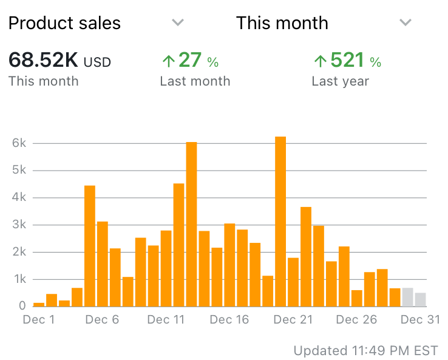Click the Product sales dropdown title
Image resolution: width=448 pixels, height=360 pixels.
click(x=64, y=23)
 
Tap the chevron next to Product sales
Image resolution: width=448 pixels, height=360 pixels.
click(x=177, y=22)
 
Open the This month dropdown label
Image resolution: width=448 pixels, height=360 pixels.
click(x=282, y=23)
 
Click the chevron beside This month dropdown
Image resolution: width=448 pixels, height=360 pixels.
click(x=406, y=22)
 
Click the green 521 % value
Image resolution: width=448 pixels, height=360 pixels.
click(x=347, y=61)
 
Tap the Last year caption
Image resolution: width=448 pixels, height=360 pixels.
click(x=340, y=81)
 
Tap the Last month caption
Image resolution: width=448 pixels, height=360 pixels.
click(x=195, y=81)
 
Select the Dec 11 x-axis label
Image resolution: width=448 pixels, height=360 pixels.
click(x=166, y=320)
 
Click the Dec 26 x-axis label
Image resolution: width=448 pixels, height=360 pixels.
click(x=357, y=320)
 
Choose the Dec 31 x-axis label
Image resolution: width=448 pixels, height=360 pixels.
click(x=420, y=320)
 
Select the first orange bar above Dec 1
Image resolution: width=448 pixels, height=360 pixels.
click(x=39, y=304)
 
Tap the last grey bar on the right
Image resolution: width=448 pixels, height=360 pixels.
click(x=420, y=300)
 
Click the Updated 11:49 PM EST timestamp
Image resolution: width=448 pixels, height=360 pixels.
click(x=365, y=350)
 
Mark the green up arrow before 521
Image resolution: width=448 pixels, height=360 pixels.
click(x=320, y=61)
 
